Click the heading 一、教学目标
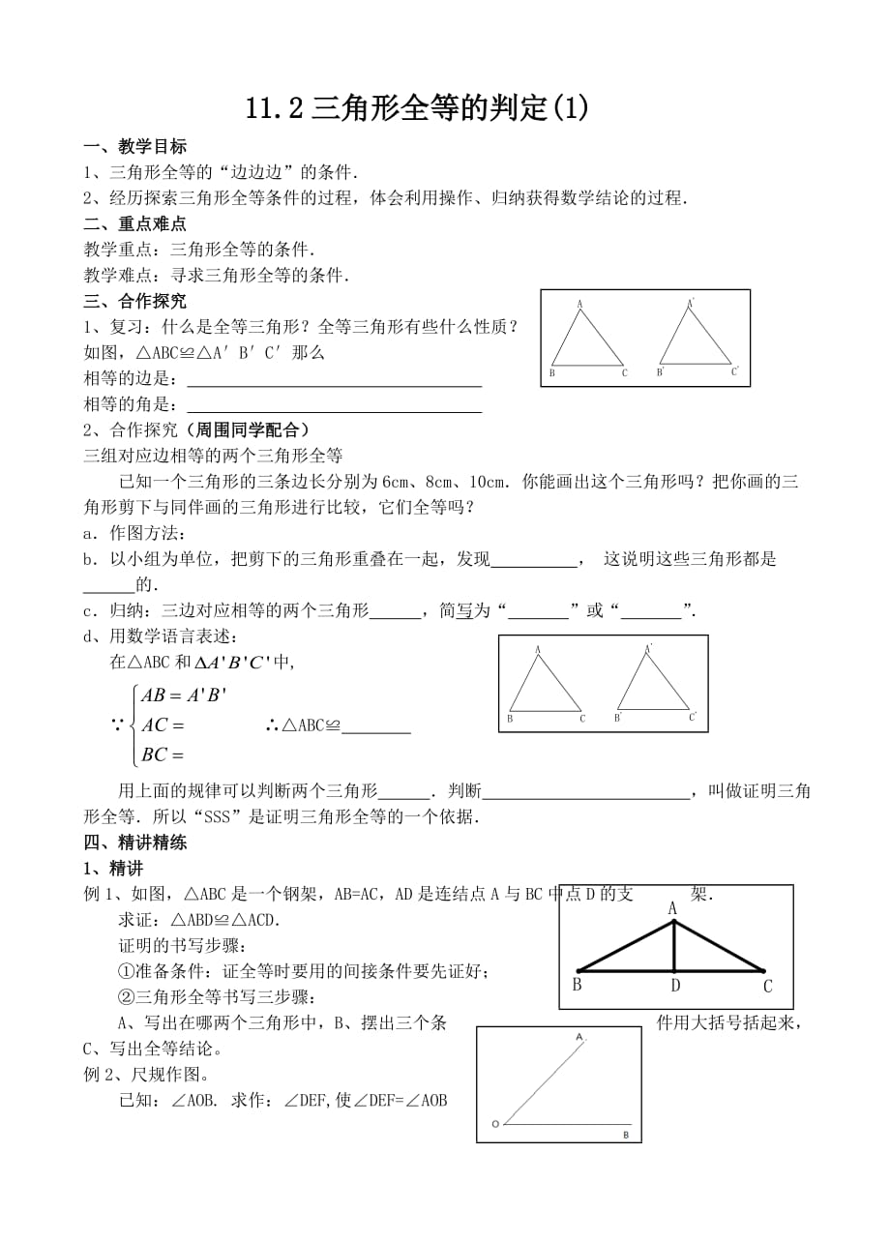pos(135,147)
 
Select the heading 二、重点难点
pos(135,223)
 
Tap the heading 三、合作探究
pos(135,301)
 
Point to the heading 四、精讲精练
pos(135,843)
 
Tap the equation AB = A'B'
pos(184,695)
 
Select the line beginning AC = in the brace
pos(163,724)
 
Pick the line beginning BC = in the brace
pos(163,754)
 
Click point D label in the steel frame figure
pos(675,986)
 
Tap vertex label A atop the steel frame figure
pos(672,908)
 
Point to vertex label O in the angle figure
pos(495,1124)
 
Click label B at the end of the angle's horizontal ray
pos(625,1135)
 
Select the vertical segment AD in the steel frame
pos(674,946)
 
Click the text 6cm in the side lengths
pos(397,481)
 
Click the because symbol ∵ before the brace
pos(118,725)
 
